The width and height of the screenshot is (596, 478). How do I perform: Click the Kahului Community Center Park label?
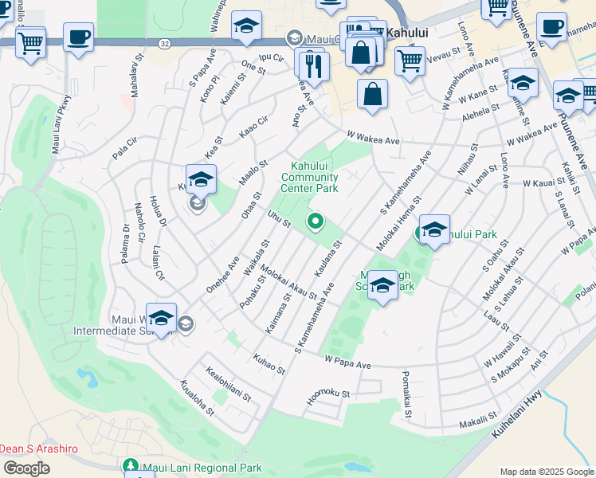coord(310,176)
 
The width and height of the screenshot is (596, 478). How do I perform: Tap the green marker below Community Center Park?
coord(316,221)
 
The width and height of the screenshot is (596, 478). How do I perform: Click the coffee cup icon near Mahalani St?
coord(78,37)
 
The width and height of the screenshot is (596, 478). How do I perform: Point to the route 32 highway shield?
coord(163,41)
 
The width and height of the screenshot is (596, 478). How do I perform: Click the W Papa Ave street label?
coord(347,363)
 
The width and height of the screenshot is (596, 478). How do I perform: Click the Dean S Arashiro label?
coord(39,449)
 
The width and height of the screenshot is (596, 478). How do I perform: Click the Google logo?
coord(26,468)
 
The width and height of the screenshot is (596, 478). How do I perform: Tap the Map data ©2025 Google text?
coord(546,472)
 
